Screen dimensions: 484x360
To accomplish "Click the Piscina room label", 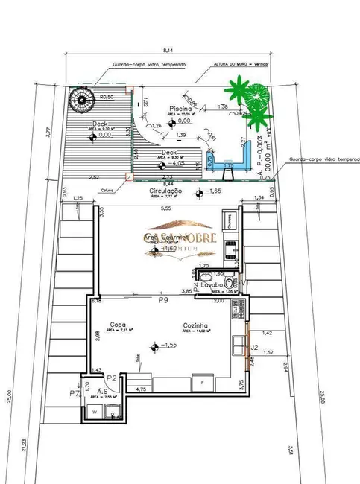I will (181, 108).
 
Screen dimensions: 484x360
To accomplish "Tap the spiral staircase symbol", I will (79, 96).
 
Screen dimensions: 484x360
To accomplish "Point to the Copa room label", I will (116, 325).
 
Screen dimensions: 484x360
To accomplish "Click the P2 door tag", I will (111, 378).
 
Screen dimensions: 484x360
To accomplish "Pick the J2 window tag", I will (253, 347).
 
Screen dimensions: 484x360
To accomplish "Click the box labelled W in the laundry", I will (95, 411).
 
